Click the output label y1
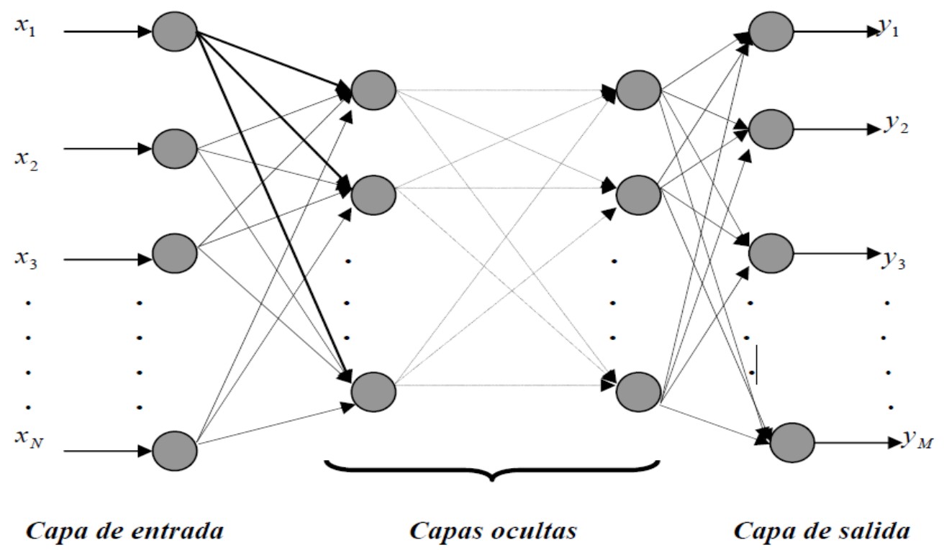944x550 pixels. coord(889,29)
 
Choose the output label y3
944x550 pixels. coord(893,257)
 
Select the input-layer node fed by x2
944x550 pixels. coord(175,148)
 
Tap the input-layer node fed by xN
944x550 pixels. coord(175,451)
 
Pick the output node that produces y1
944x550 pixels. coord(771,32)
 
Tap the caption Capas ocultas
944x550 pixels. coord(493,531)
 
